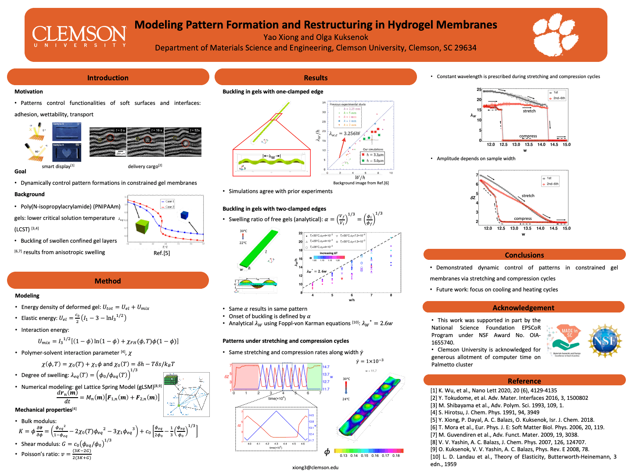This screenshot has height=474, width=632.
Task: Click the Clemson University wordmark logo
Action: pos(79,36)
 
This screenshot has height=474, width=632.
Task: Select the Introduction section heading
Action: pos(108,78)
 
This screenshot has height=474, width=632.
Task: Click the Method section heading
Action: pos(108,281)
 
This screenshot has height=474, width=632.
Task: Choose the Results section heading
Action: pos(316,78)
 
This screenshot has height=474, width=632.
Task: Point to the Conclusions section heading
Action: pos(524,255)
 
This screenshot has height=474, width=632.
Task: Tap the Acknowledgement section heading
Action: pos(523,308)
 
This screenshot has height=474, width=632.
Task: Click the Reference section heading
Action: pos(524,381)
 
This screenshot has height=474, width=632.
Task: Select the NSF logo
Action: pos(605,341)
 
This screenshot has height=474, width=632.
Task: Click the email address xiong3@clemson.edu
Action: pos(316,467)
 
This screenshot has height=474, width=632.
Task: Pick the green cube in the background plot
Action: pos(142,226)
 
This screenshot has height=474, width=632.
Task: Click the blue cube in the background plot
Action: pos(184,215)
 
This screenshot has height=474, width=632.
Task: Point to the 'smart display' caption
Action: pos(58,166)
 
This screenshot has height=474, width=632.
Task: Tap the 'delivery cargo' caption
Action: pos(145,166)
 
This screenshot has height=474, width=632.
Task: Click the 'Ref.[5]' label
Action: pos(162,253)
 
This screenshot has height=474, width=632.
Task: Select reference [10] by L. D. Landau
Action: pos(523,460)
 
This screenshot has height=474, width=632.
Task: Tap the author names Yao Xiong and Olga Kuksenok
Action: pos(316,37)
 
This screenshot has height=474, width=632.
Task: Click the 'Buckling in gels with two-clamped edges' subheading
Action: pos(274,209)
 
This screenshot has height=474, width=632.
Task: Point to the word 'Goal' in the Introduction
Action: pos(20,172)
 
